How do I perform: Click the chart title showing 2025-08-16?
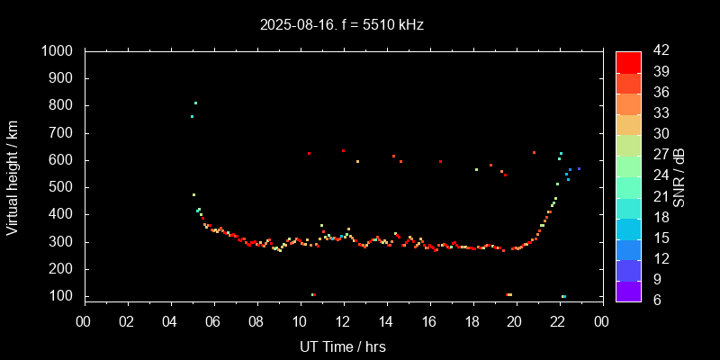[342, 24]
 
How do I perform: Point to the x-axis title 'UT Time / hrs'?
[343, 346]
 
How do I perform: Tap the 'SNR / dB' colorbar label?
[679, 175]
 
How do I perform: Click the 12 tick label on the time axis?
[343, 321]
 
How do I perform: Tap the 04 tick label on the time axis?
[170, 321]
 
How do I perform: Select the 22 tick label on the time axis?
[559, 321]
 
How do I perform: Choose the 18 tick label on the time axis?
[472, 321]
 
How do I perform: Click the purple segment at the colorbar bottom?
[628, 291]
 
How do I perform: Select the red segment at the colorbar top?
[628, 61]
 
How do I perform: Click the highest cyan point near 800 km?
[195, 103]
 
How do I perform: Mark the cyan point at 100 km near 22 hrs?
[563, 296]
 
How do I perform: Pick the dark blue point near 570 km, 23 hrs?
[579, 168]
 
